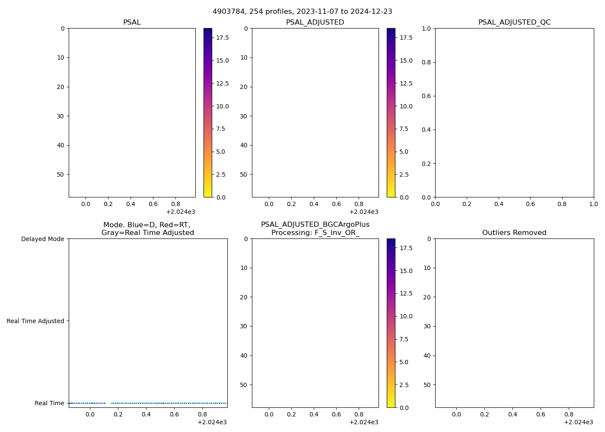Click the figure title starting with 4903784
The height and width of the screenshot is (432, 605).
[302, 12]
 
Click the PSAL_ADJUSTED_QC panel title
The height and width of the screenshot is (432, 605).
[514, 22]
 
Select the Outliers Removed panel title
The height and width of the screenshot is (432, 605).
[514, 233]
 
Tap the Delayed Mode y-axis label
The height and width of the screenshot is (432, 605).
[42, 239]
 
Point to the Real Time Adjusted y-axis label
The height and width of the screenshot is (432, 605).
[35, 321]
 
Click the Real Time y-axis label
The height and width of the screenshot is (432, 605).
[49, 403]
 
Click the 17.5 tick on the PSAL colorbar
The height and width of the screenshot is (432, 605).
[223, 38]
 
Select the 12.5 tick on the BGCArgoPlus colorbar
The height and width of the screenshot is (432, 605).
[406, 293]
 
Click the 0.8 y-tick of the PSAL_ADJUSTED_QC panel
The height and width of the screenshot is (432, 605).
[426, 62]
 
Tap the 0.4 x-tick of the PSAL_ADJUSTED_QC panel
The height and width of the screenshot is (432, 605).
[499, 204]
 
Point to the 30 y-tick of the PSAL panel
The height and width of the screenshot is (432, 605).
[60, 116]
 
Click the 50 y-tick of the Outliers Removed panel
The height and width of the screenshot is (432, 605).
[427, 385]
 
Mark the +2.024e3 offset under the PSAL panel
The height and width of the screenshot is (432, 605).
[180, 212]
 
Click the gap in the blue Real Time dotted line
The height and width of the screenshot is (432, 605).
[108, 403]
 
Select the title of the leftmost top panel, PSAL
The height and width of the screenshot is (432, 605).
[132, 22]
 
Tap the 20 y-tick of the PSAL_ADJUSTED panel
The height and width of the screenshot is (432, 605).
[244, 87]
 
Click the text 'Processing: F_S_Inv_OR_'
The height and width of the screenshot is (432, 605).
[315, 233]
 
